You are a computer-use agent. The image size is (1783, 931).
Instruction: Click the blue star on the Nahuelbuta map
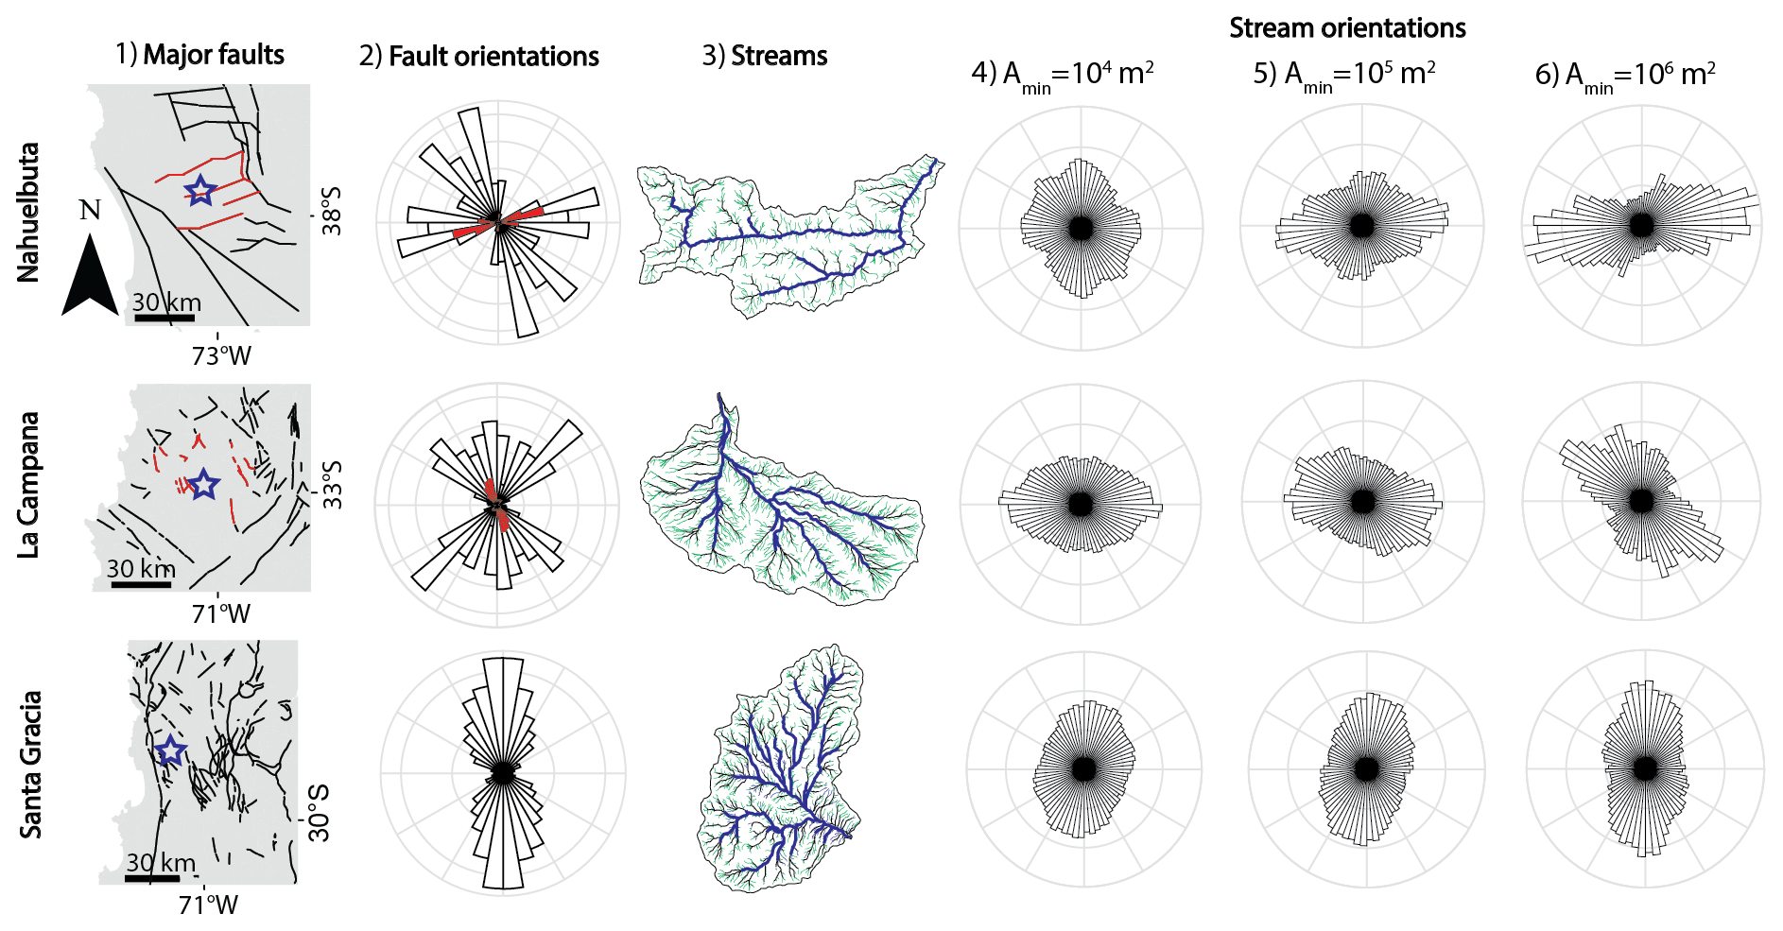[199, 191]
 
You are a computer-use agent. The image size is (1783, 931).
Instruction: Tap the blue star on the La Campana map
[203, 485]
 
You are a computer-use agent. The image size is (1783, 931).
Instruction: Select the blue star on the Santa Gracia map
[170, 751]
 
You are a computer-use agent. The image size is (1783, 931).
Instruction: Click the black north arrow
[90, 275]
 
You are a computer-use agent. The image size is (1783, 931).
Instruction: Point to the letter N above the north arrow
[90, 210]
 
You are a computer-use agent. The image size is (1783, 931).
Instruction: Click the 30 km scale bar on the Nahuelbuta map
[164, 318]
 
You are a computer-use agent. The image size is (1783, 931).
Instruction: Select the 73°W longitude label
[221, 356]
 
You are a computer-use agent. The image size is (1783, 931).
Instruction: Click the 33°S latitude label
[332, 485]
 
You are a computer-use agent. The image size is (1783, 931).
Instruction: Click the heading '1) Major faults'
[199, 55]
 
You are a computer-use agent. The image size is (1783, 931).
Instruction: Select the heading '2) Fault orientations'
[478, 57]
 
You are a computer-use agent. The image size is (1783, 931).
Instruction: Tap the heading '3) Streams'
[764, 56]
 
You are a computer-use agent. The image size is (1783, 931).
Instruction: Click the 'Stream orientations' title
[1347, 28]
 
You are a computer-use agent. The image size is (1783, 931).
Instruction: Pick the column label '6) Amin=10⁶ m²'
[1625, 75]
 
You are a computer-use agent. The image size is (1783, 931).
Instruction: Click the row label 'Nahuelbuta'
[29, 212]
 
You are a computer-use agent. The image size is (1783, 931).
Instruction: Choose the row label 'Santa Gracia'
[31, 765]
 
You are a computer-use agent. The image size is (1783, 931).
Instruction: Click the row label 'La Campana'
[29, 485]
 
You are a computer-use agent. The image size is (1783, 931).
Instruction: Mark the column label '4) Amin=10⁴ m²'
[1062, 75]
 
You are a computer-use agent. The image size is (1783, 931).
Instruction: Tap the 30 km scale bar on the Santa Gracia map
[151, 878]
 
